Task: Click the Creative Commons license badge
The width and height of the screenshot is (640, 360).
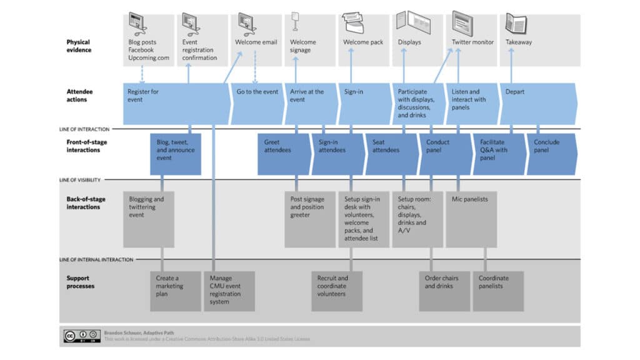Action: tap(81, 336)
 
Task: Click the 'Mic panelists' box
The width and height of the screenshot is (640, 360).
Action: tap(471, 219)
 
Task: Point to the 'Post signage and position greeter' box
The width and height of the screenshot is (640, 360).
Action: tap(310, 219)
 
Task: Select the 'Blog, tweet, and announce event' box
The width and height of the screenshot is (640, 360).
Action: tap(176, 154)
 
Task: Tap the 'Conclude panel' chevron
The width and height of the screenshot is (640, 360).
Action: tap(550, 154)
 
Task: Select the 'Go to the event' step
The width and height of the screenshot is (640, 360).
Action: tap(256, 104)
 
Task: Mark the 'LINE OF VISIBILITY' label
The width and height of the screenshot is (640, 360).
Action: tap(80, 180)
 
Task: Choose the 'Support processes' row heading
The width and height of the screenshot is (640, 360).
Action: tap(81, 282)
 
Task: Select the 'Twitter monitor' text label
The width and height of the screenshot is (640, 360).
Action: tap(472, 42)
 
